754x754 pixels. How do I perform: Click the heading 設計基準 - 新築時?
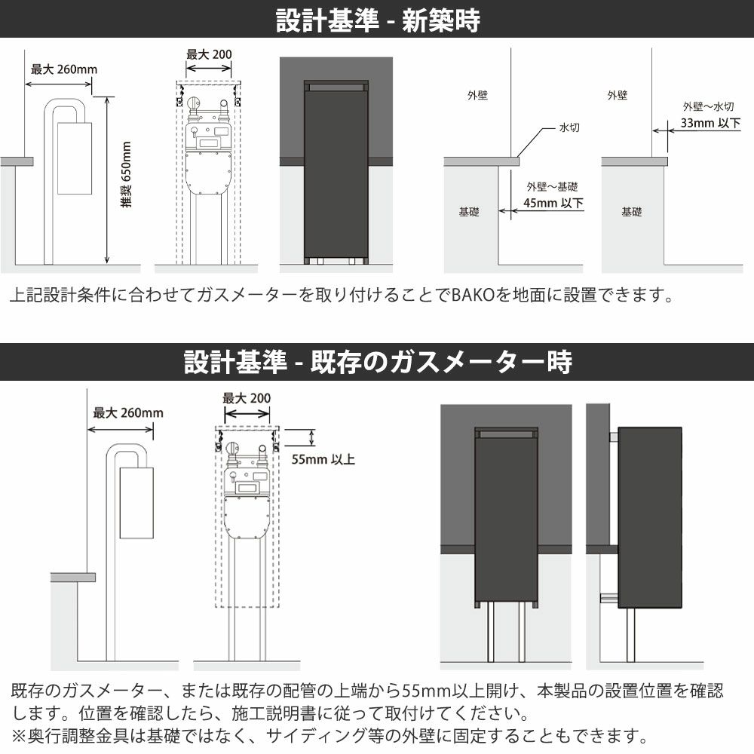378,20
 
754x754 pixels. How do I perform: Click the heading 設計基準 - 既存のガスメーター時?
378,362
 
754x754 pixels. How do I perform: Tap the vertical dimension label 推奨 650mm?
126,175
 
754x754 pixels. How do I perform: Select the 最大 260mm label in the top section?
64,69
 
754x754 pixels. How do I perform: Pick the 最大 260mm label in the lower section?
128,412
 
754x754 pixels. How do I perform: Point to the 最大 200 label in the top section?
209,54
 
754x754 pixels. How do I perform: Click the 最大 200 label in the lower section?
247,398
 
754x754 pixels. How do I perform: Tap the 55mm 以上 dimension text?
323,459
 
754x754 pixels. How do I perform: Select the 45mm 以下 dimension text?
553,203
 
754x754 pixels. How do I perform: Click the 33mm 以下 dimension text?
710,123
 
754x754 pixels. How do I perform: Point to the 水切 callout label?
569,127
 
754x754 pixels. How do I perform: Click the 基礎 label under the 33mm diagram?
631,212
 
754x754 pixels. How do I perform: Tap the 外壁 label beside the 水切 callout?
477,95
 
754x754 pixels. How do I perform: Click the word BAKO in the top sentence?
474,295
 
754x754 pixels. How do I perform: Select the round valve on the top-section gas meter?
194,103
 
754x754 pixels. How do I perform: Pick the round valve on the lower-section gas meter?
232,448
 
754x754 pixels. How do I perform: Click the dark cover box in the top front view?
336,170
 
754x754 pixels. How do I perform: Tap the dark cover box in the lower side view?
650,517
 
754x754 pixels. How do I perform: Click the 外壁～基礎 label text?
552,186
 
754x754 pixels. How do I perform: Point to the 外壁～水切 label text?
708,106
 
